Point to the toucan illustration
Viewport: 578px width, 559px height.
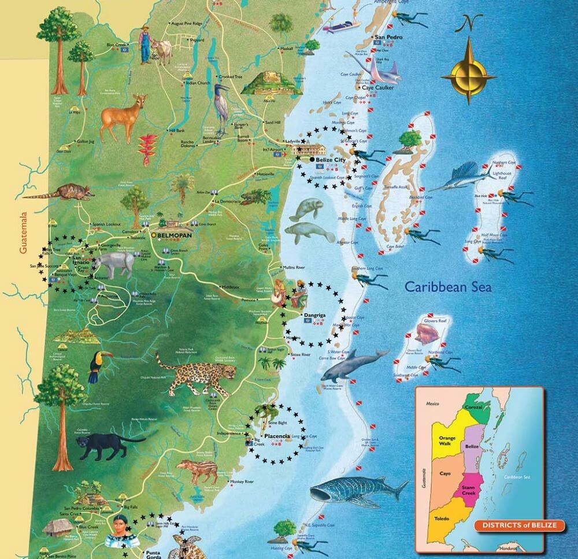[97, 366]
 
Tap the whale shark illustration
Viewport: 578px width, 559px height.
[355, 491]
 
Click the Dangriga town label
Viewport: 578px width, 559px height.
[316, 315]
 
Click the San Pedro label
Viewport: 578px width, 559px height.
[388, 38]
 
